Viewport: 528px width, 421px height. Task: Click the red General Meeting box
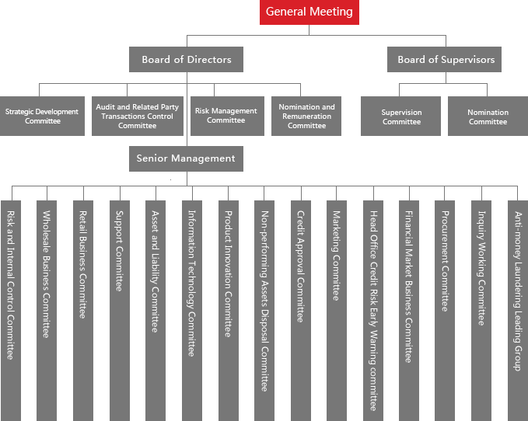(309, 12)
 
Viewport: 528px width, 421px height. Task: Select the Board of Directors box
(186, 60)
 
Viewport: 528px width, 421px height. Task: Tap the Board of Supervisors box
(444, 60)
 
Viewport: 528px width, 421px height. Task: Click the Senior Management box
(186, 158)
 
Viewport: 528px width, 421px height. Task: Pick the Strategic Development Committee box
(42, 116)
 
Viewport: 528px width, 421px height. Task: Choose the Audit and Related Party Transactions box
(138, 116)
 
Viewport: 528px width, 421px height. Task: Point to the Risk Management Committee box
(227, 116)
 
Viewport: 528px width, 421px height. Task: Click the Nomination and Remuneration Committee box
(306, 116)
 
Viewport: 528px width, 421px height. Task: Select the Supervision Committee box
(400, 116)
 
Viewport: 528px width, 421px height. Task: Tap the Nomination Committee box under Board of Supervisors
(488, 116)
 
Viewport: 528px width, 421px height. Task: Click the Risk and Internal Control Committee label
(11, 285)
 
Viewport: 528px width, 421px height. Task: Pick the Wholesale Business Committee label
(47, 274)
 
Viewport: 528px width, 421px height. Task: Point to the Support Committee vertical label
(120, 251)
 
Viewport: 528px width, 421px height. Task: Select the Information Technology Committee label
(191, 284)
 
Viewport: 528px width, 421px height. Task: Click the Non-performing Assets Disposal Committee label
(265, 301)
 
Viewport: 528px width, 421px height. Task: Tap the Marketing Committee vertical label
(337, 256)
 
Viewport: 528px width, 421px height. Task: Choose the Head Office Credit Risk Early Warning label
(373, 311)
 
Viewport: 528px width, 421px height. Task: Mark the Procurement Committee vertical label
(445, 261)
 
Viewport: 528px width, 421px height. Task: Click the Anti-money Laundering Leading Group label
(518, 291)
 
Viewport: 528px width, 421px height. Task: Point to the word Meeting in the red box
(331, 12)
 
